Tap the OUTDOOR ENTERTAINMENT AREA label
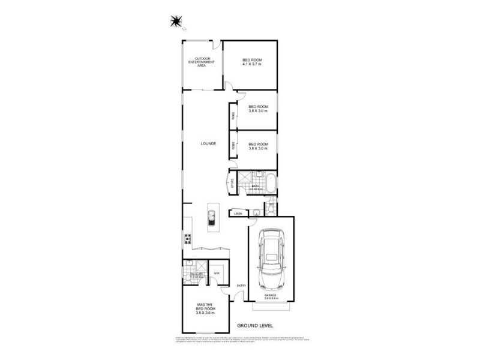(x=199, y=62)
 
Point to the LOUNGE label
(x=208, y=144)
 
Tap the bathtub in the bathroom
(x=271, y=183)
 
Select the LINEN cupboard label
(x=238, y=214)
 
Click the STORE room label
(x=232, y=182)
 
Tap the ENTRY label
(x=241, y=285)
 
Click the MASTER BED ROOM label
(x=205, y=307)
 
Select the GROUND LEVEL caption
(x=255, y=325)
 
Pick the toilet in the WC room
(x=271, y=208)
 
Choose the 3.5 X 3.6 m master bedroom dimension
(x=205, y=313)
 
